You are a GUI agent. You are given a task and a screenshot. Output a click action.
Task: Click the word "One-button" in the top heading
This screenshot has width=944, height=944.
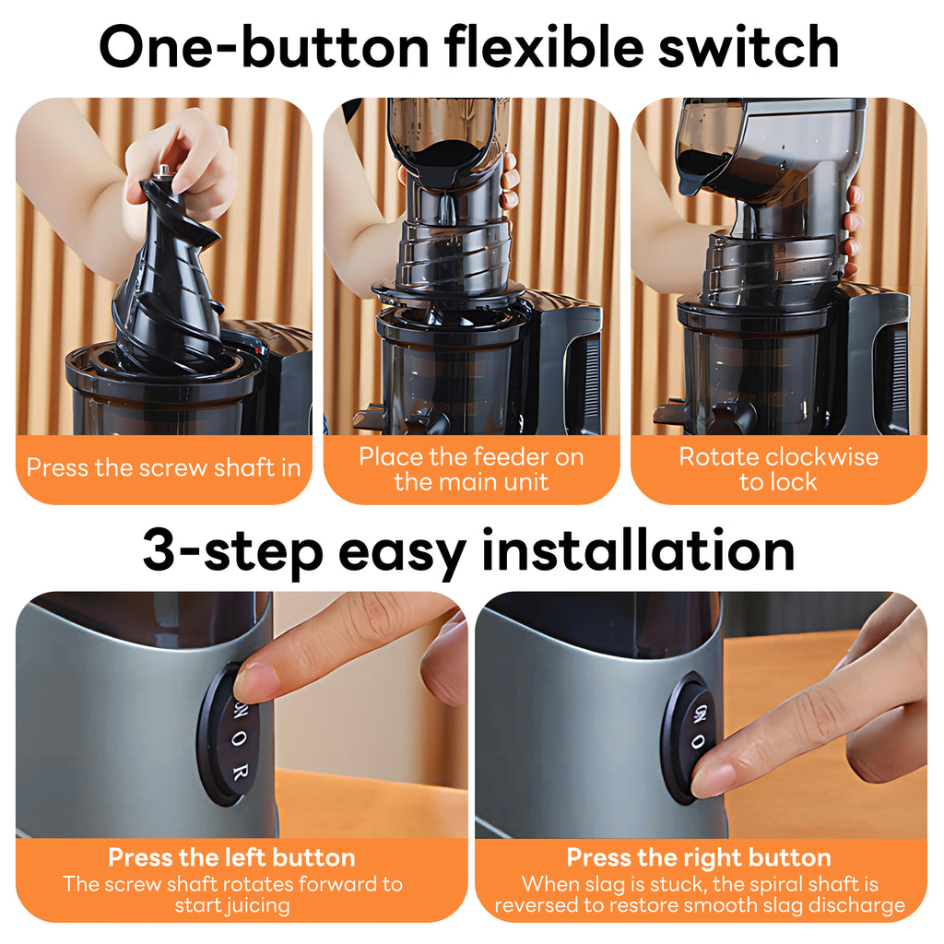[x=265, y=47]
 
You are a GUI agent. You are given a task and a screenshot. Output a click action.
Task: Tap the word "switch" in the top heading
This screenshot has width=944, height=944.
[x=749, y=47]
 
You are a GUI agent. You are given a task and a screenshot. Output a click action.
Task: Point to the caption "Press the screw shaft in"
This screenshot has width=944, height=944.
[x=164, y=467]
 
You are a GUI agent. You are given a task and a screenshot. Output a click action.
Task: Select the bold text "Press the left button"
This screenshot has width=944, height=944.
[x=231, y=857]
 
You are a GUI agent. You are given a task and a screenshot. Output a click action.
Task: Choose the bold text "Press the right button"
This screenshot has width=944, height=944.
[x=699, y=857]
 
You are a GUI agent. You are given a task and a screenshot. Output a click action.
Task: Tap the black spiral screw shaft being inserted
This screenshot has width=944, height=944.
[x=167, y=277]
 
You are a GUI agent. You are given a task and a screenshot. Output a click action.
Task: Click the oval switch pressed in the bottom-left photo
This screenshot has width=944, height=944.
[x=229, y=735]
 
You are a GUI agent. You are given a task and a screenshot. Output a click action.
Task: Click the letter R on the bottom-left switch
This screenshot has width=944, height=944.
[x=240, y=773]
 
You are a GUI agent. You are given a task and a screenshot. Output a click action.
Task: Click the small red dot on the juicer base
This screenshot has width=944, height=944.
[x=258, y=349]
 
